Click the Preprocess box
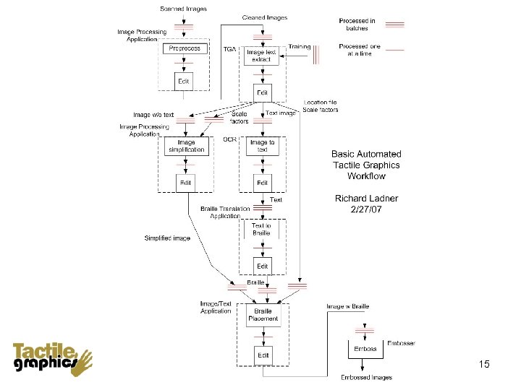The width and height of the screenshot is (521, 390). [185, 48]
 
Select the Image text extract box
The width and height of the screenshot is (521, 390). [262, 56]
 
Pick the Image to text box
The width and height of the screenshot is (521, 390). [262, 147]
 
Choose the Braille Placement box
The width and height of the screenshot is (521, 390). [262, 315]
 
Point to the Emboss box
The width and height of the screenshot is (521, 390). [365, 348]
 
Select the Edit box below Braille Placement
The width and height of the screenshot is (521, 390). [262, 355]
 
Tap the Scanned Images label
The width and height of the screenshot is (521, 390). [183, 9]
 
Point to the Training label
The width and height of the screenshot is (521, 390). [299, 47]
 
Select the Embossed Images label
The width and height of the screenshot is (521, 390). [367, 378]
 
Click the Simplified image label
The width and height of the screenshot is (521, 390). [167, 238]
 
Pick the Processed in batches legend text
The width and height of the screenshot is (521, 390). [357, 25]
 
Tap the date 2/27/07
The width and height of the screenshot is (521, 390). [366, 209]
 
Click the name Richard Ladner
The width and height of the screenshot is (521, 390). [366, 199]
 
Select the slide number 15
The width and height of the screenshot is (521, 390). [484, 365]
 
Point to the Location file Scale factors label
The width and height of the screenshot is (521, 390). [321, 106]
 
